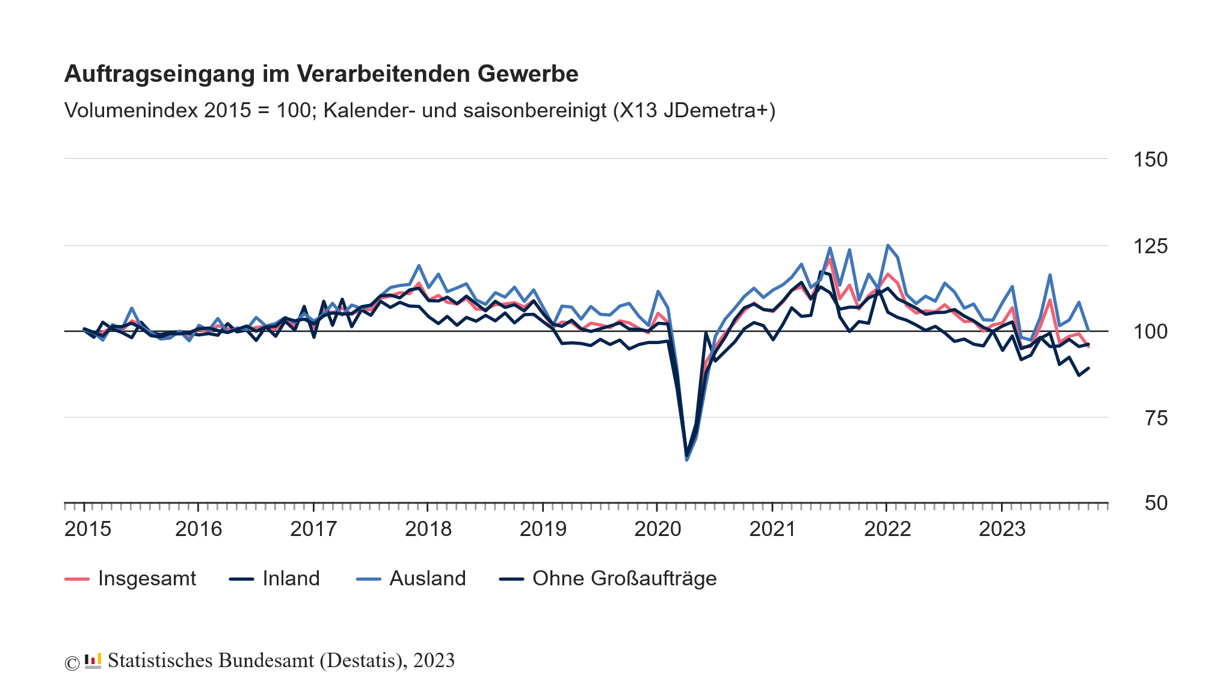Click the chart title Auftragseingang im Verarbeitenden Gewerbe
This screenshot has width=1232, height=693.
(x=321, y=74)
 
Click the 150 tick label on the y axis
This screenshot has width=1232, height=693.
(x=1150, y=160)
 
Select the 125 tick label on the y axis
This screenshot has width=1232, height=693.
(x=1150, y=246)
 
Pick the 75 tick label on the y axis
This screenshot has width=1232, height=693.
(x=1155, y=418)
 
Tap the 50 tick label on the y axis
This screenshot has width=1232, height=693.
(x=1155, y=504)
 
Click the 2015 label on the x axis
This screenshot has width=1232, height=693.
(x=88, y=529)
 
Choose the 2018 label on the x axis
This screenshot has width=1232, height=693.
(x=428, y=529)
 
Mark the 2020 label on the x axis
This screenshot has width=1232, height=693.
(x=658, y=529)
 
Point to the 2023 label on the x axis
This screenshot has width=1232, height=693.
(x=1002, y=529)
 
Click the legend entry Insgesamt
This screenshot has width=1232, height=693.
(x=147, y=579)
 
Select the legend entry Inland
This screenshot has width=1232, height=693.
(x=291, y=579)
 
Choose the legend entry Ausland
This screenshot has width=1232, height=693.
(x=427, y=579)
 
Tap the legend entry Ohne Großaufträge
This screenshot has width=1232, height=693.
(x=624, y=579)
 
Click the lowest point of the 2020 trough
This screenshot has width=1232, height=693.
(x=686, y=459)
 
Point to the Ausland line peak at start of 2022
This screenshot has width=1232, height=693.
(x=887, y=245)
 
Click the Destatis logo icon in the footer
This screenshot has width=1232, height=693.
(x=93, y=661)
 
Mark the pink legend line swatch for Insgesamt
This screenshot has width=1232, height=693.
(x=76, y=579)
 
